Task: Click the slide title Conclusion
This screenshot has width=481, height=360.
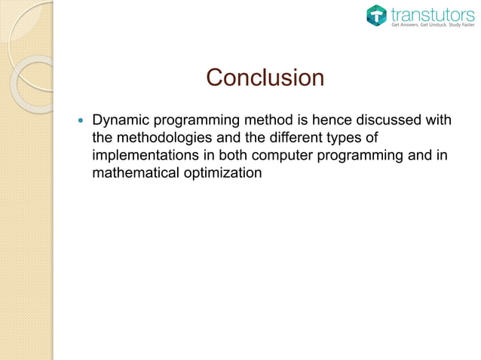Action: point(265,78)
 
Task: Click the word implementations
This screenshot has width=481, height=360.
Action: point(147,157)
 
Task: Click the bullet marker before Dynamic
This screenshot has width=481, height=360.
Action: point(78,121)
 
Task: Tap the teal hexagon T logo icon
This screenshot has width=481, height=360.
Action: point(377,15)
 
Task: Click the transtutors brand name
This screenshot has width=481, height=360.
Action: point(432,13)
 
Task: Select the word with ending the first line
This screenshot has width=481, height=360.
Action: point(447,121)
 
